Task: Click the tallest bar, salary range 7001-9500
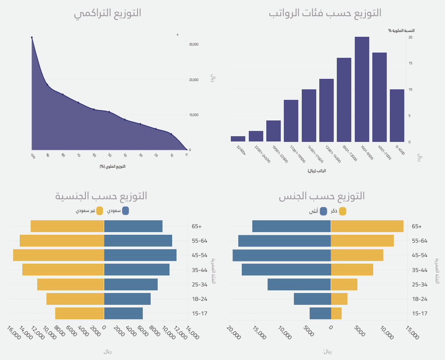pos(362,89)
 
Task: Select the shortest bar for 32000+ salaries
pos(238,139)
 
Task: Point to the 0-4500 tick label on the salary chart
pos(400,150)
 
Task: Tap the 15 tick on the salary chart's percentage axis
pos(410,63)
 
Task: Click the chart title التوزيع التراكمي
pos(107,13)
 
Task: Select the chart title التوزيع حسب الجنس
pos(322,196)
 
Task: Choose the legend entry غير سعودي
pos(90,211)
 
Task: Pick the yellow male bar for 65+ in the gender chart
pos(367,226)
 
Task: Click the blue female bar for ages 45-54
pos(282,255)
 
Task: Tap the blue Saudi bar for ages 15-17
pos(124,313)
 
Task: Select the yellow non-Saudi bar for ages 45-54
pos(59,255)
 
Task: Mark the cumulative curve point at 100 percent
pos(32,38)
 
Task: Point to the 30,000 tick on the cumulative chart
pos(194,44)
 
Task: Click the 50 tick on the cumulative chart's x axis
pos(109,155)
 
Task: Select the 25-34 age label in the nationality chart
pos(199,284)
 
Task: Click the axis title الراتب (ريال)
pos(317,171)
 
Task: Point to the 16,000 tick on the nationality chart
pos(14,332)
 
